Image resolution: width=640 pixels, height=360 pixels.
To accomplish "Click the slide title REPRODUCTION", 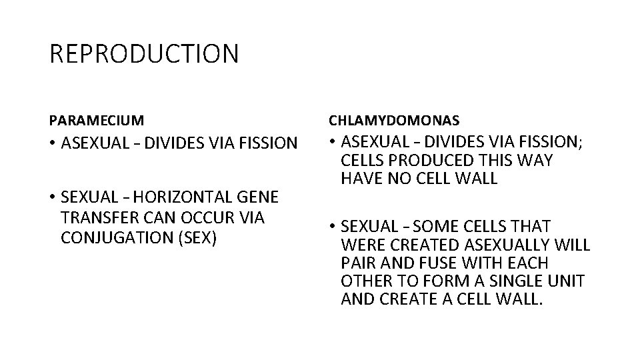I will (x=143, y=54).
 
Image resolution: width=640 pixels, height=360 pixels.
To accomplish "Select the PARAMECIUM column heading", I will (x=96, y=121).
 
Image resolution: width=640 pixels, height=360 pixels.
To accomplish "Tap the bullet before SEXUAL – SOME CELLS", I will (x=331, y=227).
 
